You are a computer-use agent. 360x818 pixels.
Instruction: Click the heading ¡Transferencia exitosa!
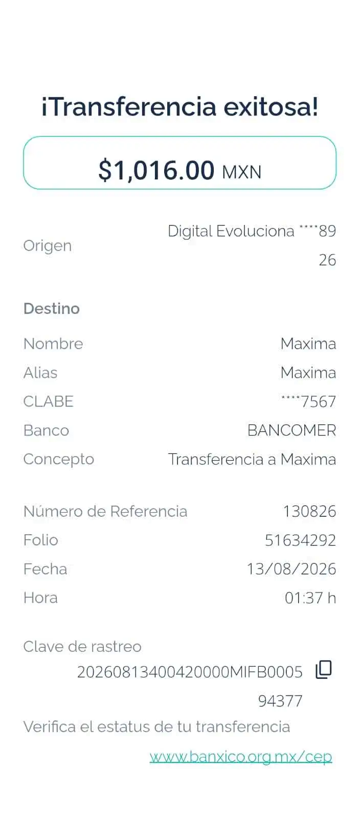pos(179,107)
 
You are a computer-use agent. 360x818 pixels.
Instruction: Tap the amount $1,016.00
pos(156,170)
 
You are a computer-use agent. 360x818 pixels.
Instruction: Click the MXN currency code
pos(242,172)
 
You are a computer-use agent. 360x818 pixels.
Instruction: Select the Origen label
pos(48,246)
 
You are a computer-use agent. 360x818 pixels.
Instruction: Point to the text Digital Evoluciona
pos(231,231)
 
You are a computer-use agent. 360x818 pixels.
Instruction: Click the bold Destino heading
pos(52,309)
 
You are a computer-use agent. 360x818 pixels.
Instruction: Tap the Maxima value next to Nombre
pos(308,344)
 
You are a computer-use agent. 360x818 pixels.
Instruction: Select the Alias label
pos(40,373)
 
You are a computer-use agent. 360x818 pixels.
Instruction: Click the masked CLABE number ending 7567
pos(308,402)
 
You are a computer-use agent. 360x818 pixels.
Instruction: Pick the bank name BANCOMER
pos(291,430)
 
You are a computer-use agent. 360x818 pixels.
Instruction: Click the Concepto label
pos(59,460)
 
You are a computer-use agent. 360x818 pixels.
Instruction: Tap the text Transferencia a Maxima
pos(252,460)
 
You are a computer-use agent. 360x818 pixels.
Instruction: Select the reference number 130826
pos(309,511)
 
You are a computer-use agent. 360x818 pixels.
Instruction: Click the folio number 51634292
pos(300,540)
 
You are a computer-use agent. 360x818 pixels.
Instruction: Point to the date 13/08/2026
pos(291,570)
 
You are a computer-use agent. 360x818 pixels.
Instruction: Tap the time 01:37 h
pos(310,598)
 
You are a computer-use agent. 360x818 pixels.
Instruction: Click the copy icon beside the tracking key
pos(324,669)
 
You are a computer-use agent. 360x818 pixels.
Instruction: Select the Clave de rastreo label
pos(82,647)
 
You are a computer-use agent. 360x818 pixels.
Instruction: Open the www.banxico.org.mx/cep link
pos(241,757)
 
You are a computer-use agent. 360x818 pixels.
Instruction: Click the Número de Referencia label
pos(105,511)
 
